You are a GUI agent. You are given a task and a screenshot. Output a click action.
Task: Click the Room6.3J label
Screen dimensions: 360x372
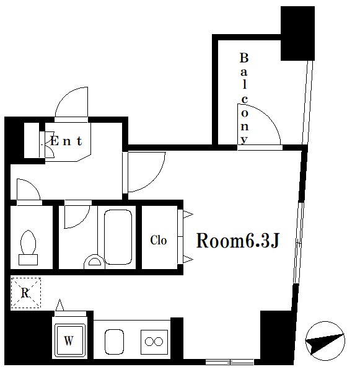click(238, 241)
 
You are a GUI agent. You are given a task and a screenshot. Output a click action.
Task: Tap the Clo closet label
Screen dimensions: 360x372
click(159, 240)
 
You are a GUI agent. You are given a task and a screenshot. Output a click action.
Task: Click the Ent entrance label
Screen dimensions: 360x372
click(66, 141)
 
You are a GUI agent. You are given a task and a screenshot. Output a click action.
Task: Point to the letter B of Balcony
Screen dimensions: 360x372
click(244, 58)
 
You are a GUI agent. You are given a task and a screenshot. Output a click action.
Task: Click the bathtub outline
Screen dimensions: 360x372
click(118, 237)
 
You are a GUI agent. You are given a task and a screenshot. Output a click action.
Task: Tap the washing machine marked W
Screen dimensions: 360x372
click(69, 340)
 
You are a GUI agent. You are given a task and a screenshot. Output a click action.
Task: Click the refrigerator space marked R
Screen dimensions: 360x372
click(25, 293)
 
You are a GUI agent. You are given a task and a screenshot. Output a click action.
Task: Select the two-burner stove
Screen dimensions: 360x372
click(154, 342)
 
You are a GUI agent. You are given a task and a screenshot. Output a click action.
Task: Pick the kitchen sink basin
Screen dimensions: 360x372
click(114, 342)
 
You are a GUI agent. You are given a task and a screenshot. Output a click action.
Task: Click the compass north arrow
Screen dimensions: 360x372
click(325, 341)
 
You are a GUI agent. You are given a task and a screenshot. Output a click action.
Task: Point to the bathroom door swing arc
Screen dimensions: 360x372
click(83, 220)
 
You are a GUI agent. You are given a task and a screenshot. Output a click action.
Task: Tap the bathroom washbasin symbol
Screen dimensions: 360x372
click(94, 261)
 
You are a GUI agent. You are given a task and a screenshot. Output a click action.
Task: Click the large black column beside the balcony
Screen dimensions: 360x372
click(297, 33)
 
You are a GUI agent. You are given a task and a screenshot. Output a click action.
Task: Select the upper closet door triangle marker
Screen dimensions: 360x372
click(188, 215)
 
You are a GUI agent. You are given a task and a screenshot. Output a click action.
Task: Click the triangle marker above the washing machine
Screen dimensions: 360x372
click(59, 305)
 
